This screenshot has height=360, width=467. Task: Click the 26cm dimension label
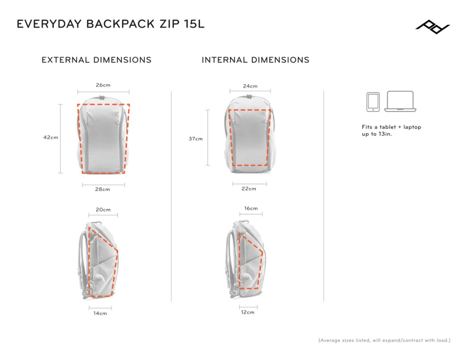point(103,85)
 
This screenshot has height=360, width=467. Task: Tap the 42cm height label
point(51,137)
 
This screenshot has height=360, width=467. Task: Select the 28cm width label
point(102,189)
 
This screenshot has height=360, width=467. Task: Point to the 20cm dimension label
point(103,209)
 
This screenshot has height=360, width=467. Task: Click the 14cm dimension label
point(100,313)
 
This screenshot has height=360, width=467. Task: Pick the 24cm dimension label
point(250,86)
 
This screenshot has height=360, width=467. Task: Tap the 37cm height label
point(196,139)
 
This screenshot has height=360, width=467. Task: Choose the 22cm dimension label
point(249,188)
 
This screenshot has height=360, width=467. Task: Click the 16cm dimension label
point(251,209)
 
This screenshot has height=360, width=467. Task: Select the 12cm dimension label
point(248,312)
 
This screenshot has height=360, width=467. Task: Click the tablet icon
point(373,102)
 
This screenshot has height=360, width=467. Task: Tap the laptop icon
point(400,102)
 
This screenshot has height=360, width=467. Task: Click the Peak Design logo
point(433,27)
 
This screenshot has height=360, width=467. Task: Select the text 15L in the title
point(194,24)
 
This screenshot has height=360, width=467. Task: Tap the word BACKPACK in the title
point(120,24)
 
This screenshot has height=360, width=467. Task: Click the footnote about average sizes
point(385,340)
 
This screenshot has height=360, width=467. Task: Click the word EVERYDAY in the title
point(49,24)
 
